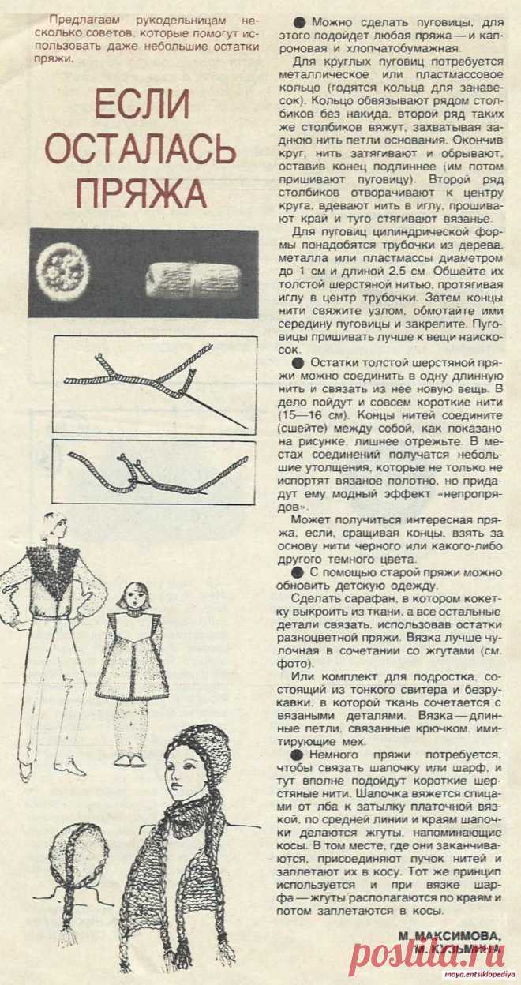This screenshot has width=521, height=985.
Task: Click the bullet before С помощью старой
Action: click(x=297, y=571)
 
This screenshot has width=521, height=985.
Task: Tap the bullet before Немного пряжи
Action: click(x=297, y=755)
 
